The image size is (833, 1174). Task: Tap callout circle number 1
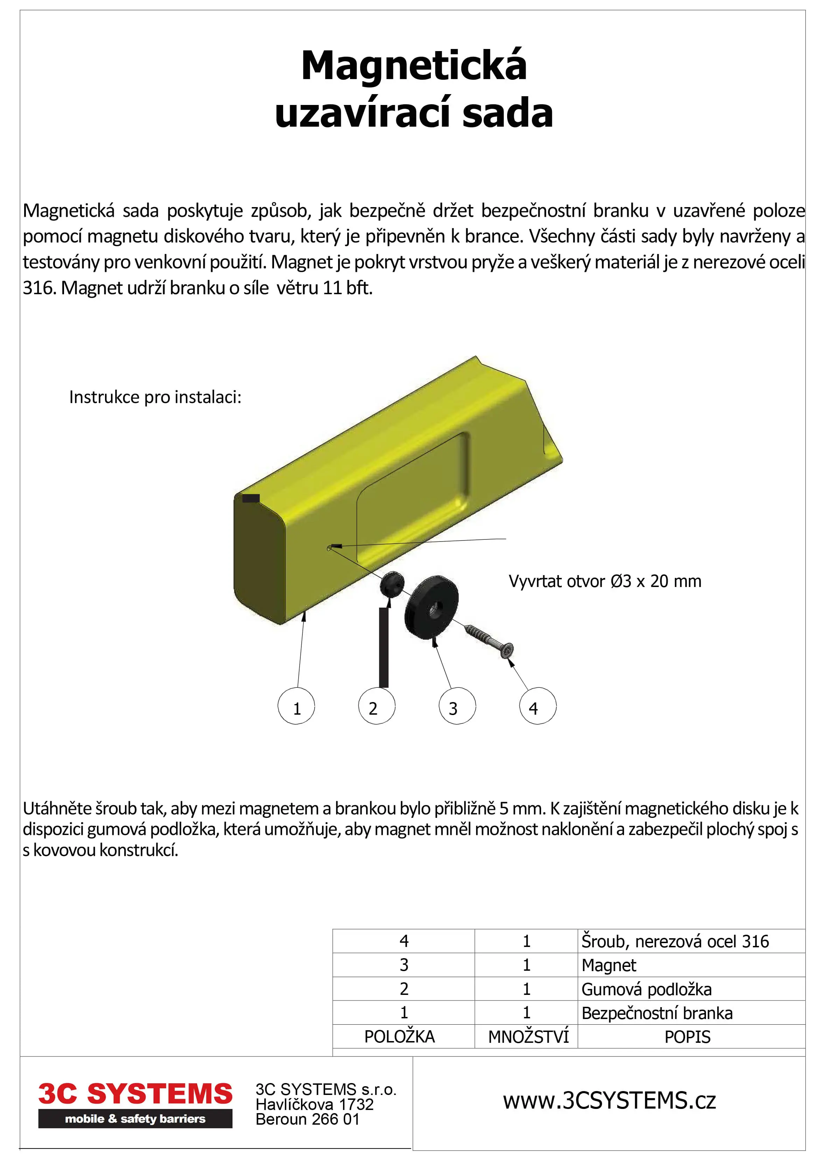(296, 706)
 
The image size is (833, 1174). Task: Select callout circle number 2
(377, 706)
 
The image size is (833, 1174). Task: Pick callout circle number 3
(457, 706)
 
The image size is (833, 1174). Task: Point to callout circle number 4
(538, 706)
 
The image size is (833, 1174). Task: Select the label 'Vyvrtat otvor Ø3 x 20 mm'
(605, 581)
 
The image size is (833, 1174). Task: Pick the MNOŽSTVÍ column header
(528, 1036)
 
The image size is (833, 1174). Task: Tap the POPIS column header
(687, 1036)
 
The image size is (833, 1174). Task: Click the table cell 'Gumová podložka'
(646, 989)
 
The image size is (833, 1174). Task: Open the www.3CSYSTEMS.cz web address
(609, 1101)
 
